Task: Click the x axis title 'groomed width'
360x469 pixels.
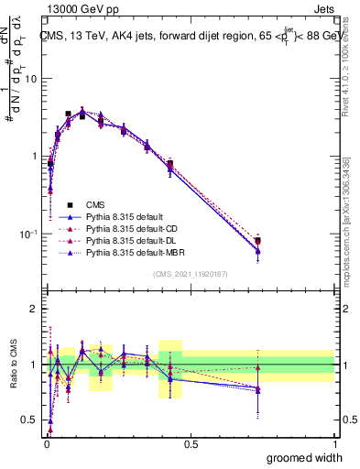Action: click(x=306, y=457)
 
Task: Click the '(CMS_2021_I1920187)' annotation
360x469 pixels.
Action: click(x=191, y=274)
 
